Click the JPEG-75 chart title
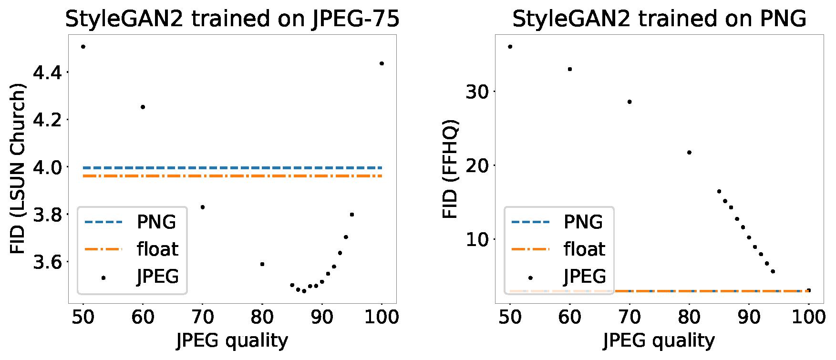[x=232, y=19]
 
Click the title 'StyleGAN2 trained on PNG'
[x=659, y=19]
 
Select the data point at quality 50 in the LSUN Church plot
[x=83, y=47]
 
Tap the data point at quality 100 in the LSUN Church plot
[x=382, y=63]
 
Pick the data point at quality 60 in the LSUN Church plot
[x=143, y=107]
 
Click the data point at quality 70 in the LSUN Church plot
[x=203, y=207]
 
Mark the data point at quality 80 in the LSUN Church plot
[x=262, y=264]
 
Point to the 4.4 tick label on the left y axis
[x=47, y=72]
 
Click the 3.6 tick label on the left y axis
[x=47, y=262]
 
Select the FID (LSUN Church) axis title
[x=18, y=169]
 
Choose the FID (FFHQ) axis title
[x=450, y=169]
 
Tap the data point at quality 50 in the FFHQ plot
[x=510, y=47]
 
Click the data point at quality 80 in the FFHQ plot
[x=689, y=153]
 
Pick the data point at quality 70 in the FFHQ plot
[x=630, y=102]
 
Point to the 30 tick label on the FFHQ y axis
[x=478, y=92]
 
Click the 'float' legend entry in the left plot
[x=157, y=249]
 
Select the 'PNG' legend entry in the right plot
[x=583, y=222]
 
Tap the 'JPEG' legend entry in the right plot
[x=585, y=277]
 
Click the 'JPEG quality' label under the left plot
[x=232, y=340]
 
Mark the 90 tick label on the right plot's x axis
[x=749, y=317]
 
